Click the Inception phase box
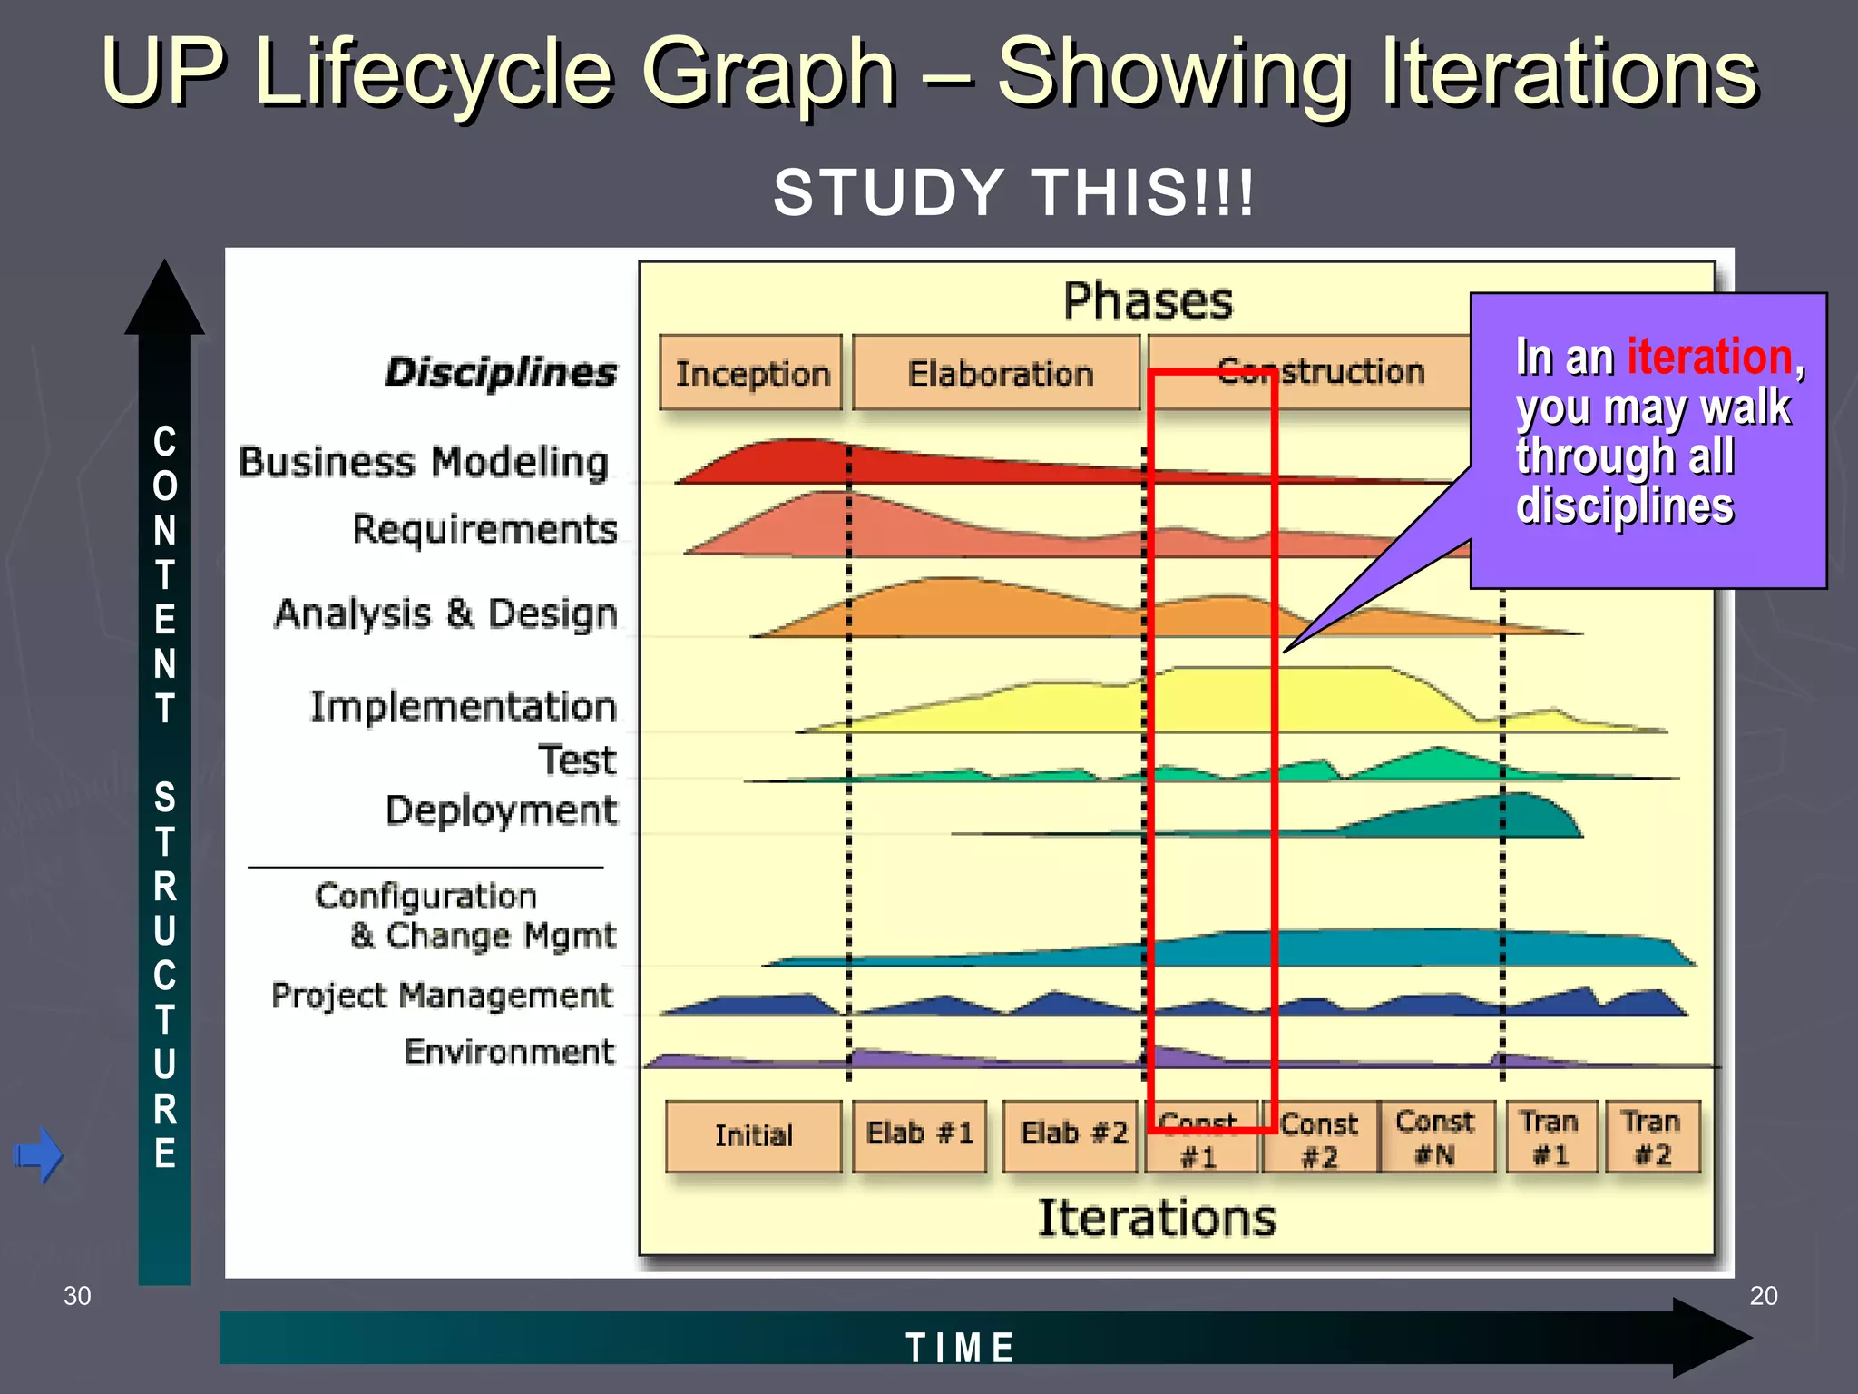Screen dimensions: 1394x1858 [751, 373]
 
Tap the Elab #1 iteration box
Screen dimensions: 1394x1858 [919, 1134]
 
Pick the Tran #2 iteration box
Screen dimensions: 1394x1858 [1652, 1137]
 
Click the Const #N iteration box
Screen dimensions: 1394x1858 [1435, 1137]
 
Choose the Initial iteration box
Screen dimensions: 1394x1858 [753, 1136]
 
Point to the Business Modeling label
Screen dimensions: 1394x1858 [424, 462]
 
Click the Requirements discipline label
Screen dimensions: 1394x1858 [484, 529]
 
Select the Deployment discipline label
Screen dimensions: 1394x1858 [501, 810]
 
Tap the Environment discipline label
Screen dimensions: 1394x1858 [509, 1052]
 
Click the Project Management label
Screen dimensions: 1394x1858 [443, 996]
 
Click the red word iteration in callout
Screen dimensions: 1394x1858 [1709, 357]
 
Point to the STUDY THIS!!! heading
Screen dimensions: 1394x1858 [1013, 192]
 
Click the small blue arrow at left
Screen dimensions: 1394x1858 [38, 1155]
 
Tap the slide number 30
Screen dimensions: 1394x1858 [77, 1296]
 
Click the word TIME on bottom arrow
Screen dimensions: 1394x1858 [960, 1348]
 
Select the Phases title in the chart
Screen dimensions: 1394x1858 [1148, 301]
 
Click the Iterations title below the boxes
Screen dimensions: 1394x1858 [1157, 1218]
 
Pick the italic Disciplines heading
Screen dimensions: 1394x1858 [501, 372]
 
